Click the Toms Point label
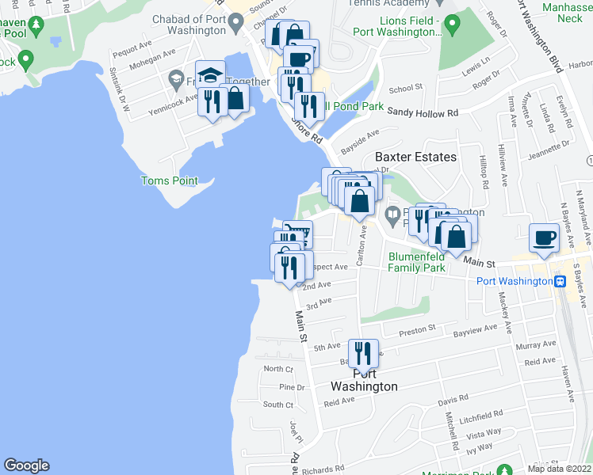[169, 181]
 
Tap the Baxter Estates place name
[415, 157]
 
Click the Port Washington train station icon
[560, 281]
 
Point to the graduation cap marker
[210, 76]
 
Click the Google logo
[26, 465]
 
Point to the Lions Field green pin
[452, 27]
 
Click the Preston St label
[418, 328]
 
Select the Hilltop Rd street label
[484, 169]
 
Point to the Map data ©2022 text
[560, 469]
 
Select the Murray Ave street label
[537, 345]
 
